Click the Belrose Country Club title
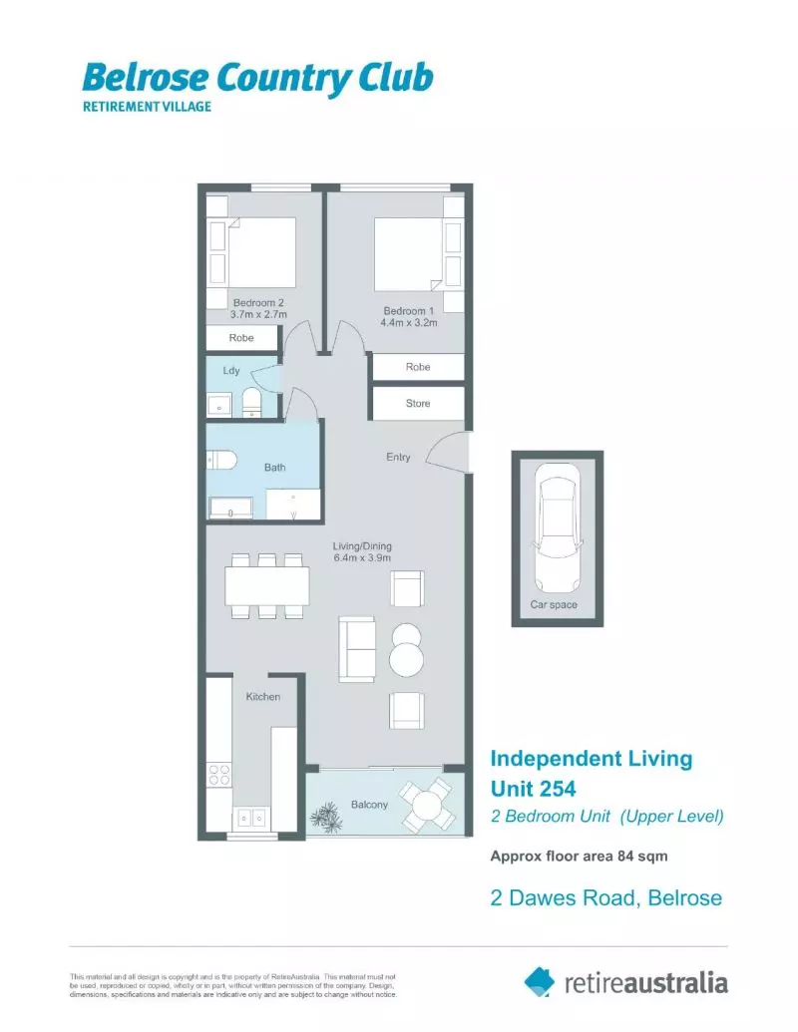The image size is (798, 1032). (x=256, y=77)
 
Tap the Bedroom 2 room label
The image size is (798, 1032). (x=259, y=308)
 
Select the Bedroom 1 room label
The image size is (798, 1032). (x=410, y=316)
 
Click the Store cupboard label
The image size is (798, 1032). (x=418, y=404)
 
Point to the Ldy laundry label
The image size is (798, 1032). (x=230, y=372)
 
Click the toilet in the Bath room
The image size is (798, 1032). (x=220, y=460)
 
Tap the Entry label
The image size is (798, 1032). (x=398, y=458)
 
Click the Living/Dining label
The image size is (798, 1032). (x=362, y=552)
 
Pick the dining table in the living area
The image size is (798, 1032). (x=266, y=585)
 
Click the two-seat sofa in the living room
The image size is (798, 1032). (x=357, y=649)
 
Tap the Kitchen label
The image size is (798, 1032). (x=263, y=697)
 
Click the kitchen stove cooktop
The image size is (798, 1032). (x=219, y=775)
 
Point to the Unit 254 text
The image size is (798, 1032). (x=533, y=789)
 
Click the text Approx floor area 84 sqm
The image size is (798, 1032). (x=579, y=856)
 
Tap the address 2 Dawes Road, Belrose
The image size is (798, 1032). (x=605, y=898)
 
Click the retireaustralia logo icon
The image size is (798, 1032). (x=540, y=981)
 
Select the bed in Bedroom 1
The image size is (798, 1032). (x=408, y=255)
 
